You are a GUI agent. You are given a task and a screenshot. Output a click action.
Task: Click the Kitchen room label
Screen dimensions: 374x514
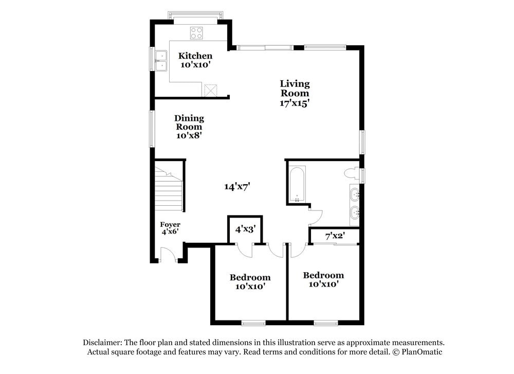pos(195,56)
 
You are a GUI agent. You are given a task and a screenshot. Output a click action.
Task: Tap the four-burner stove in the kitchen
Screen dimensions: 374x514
pos(196,33)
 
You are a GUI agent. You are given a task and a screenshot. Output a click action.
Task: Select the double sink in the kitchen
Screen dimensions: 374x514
pos(162,60)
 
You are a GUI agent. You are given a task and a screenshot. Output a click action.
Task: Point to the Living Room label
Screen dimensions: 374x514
pos(295,88)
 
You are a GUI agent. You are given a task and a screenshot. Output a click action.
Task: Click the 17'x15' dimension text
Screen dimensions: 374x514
pos(295,102)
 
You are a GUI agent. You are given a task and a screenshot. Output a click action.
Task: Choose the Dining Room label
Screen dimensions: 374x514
pos(189,122)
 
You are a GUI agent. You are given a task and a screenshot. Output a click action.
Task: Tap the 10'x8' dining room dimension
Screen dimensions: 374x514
pos(189,135)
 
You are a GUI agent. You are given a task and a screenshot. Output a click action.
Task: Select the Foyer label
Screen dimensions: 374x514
pos(170,225)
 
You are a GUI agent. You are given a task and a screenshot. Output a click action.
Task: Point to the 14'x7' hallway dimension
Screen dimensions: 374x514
pos(237,186)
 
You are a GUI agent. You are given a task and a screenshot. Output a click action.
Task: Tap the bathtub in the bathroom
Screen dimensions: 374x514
pos(297,184)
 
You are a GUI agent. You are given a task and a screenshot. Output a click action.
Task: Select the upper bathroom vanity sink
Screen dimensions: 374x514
pos(355,194)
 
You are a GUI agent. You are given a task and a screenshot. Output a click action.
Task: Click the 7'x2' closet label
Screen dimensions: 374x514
pos(335,236)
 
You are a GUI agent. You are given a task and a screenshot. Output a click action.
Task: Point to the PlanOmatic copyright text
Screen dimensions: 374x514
pos(417,352)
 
